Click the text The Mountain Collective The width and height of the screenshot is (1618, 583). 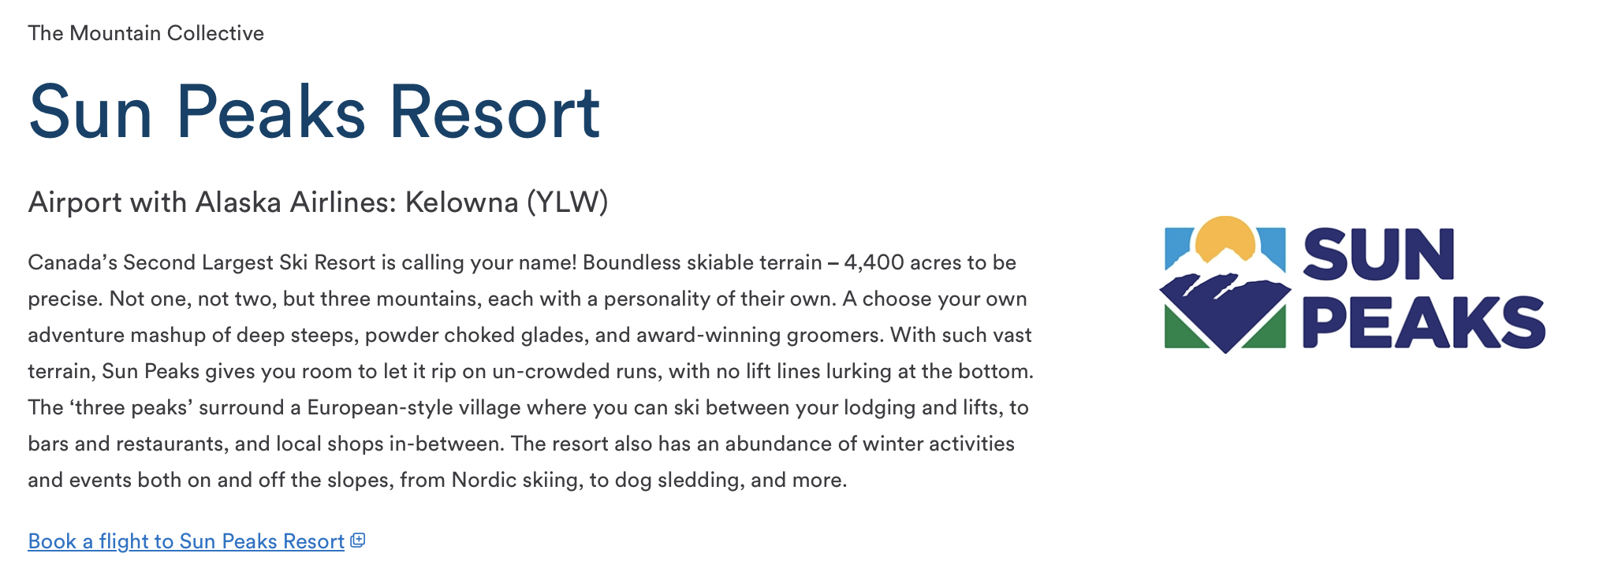click(x=146, y=33)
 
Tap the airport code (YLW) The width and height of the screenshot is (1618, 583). click(x=567, y=202)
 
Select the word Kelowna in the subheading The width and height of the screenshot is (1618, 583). click(x=461, y=202)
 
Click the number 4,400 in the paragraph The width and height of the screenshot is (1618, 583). click(x=874, y=262)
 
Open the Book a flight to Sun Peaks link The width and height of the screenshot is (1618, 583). click(x=186, y=541)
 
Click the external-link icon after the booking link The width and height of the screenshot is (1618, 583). click(x=358, y=540)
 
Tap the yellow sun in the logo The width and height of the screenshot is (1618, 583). click(x=1225, y=236)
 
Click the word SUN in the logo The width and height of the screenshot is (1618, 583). click(x=1378, y=254)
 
